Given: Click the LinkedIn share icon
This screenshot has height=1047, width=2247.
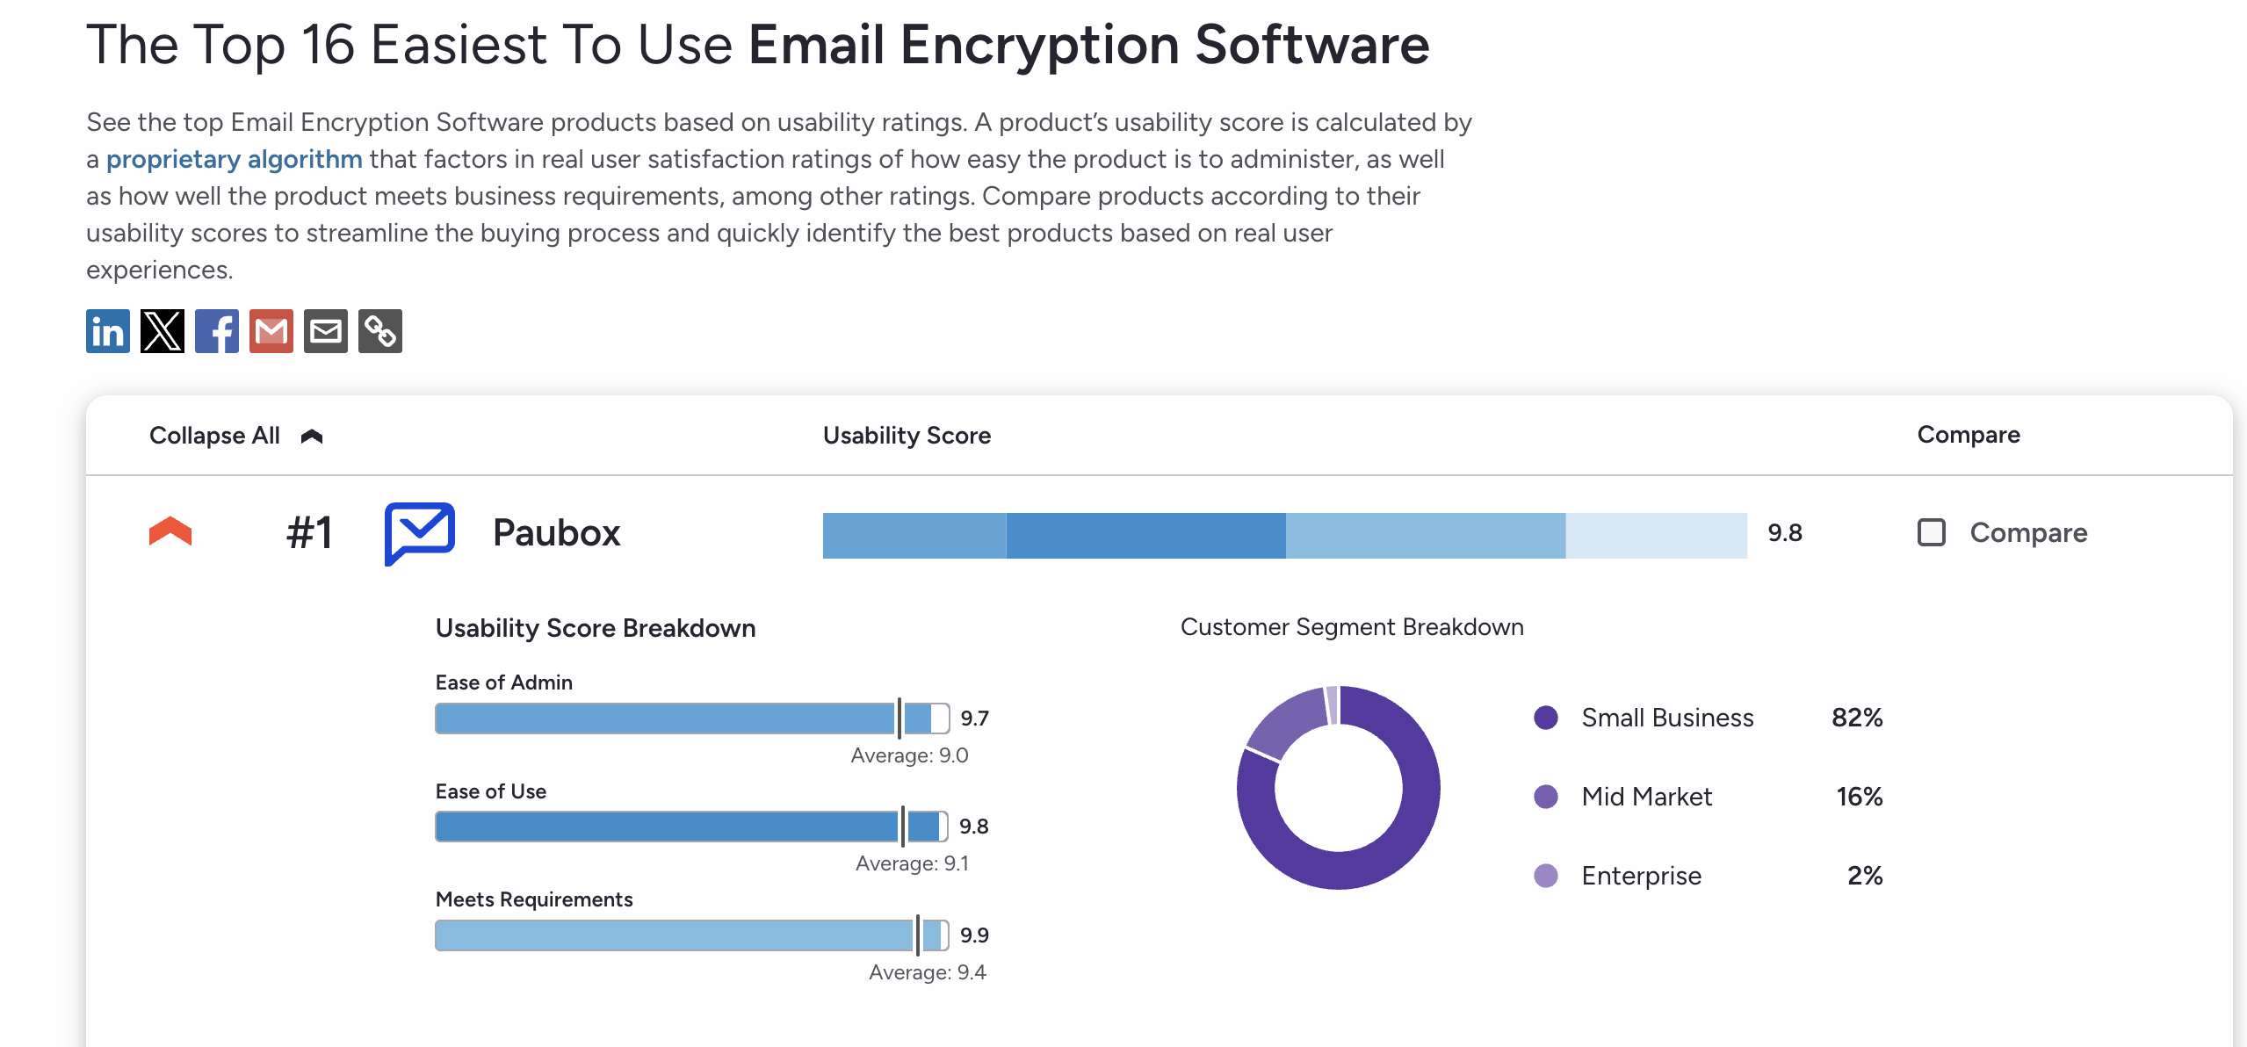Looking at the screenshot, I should (x=108, y=331).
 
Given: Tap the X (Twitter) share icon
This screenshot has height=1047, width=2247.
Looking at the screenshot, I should (x=163, y=331).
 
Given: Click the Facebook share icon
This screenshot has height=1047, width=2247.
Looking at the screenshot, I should (x=217, y=331).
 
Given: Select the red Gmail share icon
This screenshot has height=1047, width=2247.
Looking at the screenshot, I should (x=271, y=331).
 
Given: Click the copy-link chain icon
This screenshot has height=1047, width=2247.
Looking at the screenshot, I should (x=380, y=331).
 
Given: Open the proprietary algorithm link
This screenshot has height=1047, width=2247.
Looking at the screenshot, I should (x=234, y=159).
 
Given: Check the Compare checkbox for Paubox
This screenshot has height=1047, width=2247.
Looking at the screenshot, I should (x=1931, y=532).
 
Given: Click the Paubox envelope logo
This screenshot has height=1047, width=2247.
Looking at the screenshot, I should (x=420, y=532).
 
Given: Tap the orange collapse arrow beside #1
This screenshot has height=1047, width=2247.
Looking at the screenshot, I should (x=170, y=531).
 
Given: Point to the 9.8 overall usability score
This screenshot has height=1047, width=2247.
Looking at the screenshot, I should (x=1784, y=533).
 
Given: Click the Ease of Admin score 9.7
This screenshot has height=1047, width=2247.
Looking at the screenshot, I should (x=974, y=718).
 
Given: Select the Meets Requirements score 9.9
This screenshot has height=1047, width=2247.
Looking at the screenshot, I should (x=974, y=935).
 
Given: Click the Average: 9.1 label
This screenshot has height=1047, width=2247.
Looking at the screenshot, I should (x=912, y=863).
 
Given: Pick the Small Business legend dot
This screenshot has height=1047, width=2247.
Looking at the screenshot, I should (x=1545, y=718).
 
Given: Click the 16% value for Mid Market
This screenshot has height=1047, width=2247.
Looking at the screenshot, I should (x=1859, y=797).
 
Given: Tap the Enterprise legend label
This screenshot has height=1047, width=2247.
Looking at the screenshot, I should (x=1641, y=876).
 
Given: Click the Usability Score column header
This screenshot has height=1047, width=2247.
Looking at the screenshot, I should (x=907, y=436).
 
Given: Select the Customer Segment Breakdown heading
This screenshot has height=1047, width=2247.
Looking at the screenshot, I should (x=1351, y=627).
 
